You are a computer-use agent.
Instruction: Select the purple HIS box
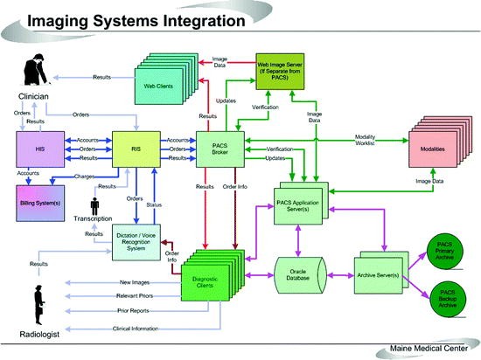pos(39,149)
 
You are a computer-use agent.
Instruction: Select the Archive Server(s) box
pos(381,273)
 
